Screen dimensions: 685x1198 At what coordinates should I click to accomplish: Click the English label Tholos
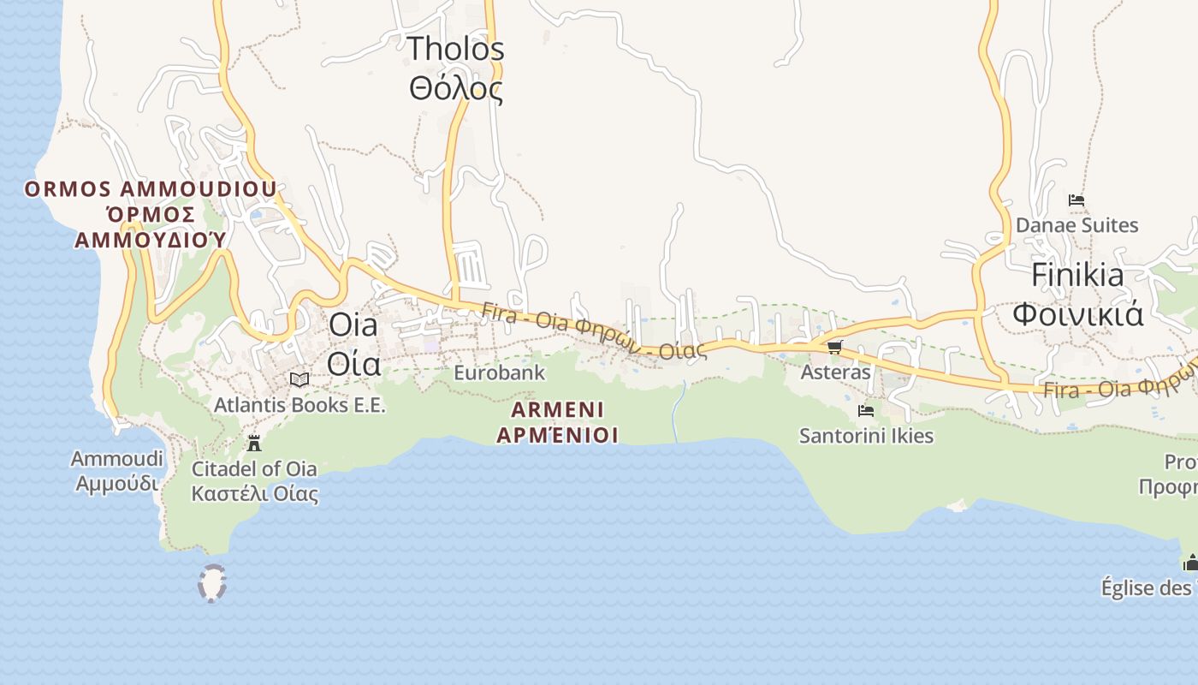pos(455,49)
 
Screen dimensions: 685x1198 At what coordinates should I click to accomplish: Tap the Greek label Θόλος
pos(455,88)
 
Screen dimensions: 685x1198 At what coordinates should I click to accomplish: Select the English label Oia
pos(353,325)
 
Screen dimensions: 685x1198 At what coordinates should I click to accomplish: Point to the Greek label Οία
pos(353,364)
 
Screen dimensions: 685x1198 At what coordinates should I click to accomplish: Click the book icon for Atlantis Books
pos(299,379)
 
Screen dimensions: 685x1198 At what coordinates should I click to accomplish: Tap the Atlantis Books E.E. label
pos(299,404)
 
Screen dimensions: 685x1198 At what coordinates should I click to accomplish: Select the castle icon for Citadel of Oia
pos(254,444)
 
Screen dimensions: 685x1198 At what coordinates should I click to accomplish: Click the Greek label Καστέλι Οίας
pos(254,494)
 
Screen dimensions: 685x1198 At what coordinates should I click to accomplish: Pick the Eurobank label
pos(499,373)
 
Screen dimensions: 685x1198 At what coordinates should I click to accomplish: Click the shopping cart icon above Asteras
pos(834,347)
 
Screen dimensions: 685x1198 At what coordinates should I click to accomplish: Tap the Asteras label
pos(835,372)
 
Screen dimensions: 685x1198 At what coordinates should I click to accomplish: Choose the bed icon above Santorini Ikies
pos(866,411)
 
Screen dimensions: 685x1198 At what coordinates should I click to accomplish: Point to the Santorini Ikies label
pos(866,436)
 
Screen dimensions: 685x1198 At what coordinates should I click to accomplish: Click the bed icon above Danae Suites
pos(1076,200)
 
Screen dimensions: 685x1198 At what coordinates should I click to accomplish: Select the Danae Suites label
pos(1076,225)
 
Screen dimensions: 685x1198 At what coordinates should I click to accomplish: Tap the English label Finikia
pos(1077,275)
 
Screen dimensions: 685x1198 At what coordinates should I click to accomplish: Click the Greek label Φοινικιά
pos(1077,314)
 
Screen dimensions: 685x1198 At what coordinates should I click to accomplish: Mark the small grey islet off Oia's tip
pos(212,583)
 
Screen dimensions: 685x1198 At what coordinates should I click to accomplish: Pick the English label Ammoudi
pos(116,460)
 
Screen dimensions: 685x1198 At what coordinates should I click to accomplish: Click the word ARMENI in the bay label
pos(557,409)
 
